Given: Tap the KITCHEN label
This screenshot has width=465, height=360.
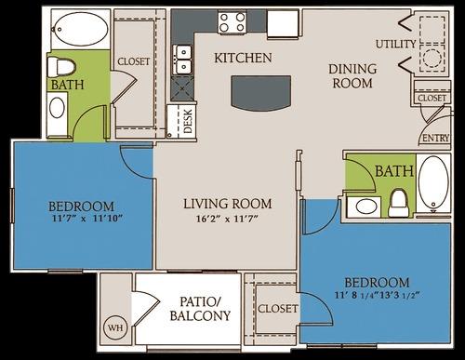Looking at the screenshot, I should pos(243,59).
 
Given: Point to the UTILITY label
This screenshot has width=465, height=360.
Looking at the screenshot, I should pos(396,44).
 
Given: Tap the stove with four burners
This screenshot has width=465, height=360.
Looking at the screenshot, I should pos(232,20).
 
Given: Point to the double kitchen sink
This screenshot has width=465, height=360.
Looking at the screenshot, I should pos(183,59).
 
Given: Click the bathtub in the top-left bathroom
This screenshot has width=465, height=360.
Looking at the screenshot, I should pos(80,32).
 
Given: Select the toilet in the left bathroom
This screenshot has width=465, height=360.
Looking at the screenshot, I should pos(61,67).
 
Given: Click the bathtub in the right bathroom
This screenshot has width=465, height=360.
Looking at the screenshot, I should pos(432,181).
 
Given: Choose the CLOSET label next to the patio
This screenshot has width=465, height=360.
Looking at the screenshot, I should pos(279,308).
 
